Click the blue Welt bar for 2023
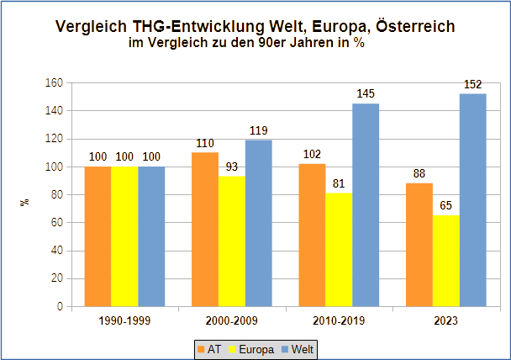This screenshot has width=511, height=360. [x=473, y=200]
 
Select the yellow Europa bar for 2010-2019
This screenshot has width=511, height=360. [x=339, y=250]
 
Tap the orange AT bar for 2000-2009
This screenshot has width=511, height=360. [x=205, y=230]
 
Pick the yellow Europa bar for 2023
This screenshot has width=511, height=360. [x=446, y=261]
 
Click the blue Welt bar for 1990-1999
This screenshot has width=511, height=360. [x=151, y=236]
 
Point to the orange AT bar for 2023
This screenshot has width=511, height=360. [x=419, y=245]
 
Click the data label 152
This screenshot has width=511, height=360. [x=474, y=84]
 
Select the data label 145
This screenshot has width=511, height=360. [x=366, y=94]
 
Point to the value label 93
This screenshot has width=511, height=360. [x=232, y=167]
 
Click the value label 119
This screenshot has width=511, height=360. [x=259, y=130]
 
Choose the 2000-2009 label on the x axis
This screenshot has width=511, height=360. [x=232, y=320]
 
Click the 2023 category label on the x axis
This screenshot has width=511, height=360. [x=446, y=320]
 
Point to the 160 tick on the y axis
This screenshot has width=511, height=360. [x=54, y=83]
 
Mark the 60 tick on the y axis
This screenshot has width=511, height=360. [x=57, y=223]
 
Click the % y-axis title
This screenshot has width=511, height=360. [x=25, y=202]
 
